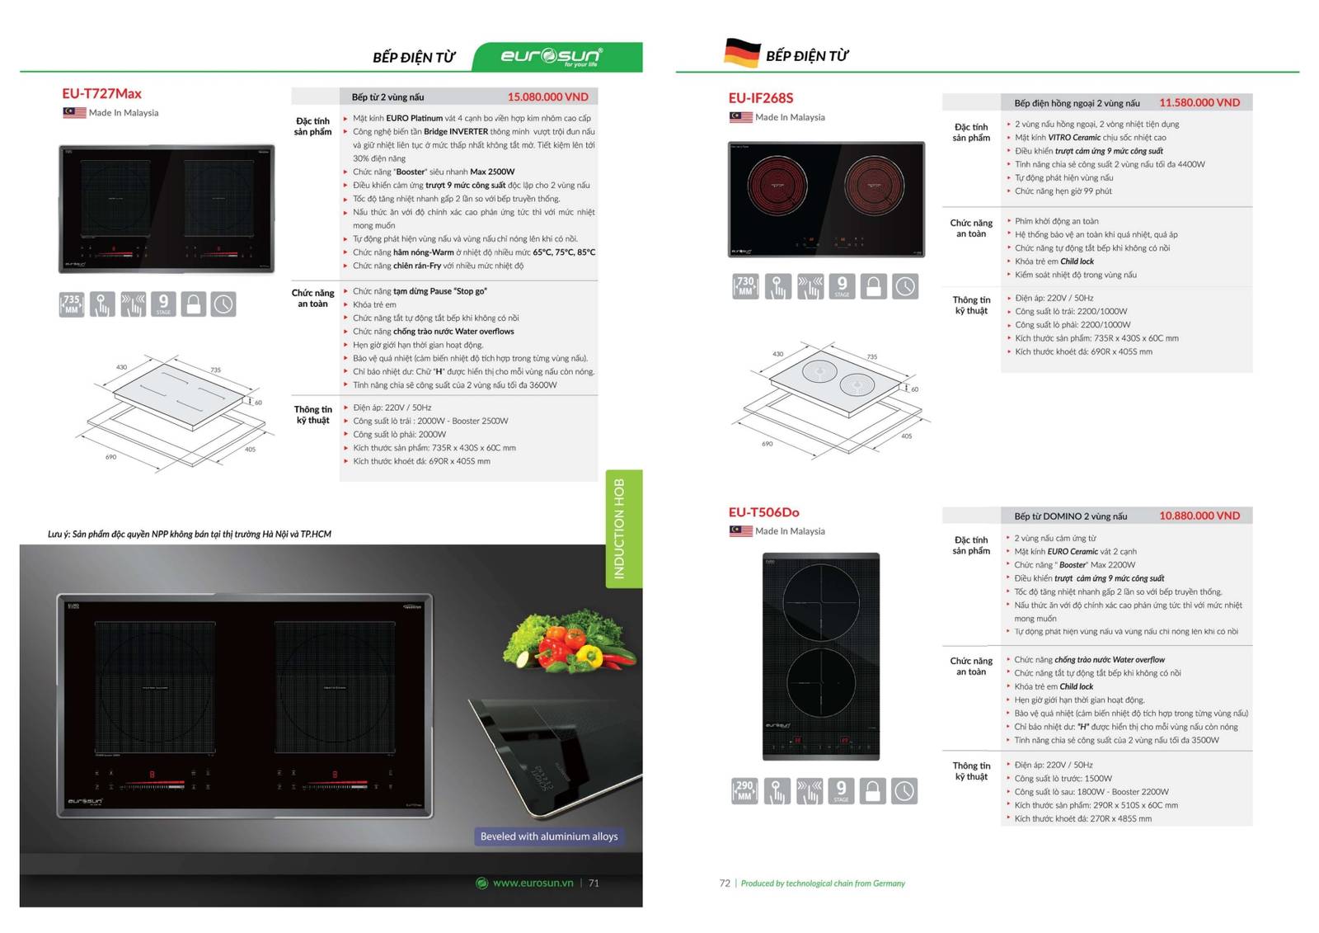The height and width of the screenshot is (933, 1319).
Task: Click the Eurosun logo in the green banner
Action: click(551, 56)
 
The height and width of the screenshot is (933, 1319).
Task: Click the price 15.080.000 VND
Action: click(547, 97)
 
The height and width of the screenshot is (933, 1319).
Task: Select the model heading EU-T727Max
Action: click(101, 93)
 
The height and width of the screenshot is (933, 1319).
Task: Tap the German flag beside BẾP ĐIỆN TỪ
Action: click(742, 53)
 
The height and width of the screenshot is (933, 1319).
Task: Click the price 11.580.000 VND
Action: click(1199, 102)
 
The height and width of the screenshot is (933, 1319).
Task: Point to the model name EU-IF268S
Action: click(760, 98)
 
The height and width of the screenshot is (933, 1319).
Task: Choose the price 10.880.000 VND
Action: click(1199, 516)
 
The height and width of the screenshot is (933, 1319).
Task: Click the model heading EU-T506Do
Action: click(763, 512)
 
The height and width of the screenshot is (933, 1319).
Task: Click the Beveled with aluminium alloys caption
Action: click(549, 836)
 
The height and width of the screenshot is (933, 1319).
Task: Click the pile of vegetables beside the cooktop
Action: click(570, 638)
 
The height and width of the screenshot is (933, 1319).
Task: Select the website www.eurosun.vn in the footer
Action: click(533, 883)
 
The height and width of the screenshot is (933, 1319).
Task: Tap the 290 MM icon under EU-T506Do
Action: click(744, 791)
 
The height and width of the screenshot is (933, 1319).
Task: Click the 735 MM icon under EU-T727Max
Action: click(72, 304)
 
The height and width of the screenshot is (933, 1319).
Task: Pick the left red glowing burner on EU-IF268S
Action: click(777, 185)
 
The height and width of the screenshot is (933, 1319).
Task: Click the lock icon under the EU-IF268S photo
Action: click(874, 286)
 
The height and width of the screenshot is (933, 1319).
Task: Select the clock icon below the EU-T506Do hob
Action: click(904, 791)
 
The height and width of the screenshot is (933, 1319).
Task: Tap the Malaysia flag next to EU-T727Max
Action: click(74, 112)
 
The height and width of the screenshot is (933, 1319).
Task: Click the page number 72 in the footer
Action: click(725, 883)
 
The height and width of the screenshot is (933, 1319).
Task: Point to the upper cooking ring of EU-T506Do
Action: click(820, 602)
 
